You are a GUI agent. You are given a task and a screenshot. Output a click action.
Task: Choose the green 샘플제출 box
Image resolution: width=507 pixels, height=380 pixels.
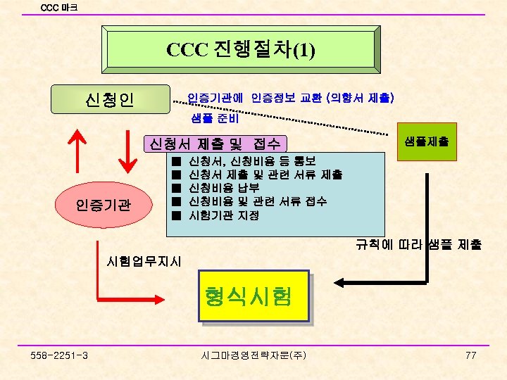tap(425, 141)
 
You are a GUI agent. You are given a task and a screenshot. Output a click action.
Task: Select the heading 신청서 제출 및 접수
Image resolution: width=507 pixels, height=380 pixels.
tap(215, 144)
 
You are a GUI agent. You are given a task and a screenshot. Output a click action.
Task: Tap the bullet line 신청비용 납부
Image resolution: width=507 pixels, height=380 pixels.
tap(225, 188)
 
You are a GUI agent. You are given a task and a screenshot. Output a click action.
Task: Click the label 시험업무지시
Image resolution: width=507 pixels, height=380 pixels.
tap(144, 262)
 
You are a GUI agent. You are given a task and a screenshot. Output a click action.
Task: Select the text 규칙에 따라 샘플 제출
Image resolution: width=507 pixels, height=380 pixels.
tap(418, 245)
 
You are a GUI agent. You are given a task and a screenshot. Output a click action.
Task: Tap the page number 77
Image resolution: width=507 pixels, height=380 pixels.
tap(471, 355)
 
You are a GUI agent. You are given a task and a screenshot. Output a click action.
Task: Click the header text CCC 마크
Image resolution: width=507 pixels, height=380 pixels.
tap(59, 8)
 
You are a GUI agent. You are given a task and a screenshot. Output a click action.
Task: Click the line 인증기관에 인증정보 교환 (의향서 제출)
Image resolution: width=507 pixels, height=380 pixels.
tap(290, 96)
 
